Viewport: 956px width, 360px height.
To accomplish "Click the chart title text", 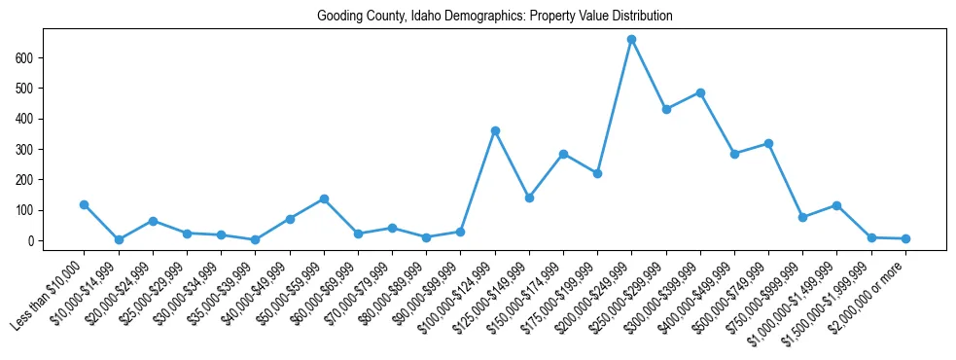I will click(494, 17).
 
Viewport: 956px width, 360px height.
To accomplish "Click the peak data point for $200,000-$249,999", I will click(631, 40).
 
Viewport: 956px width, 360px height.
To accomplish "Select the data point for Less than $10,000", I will click(85, 204).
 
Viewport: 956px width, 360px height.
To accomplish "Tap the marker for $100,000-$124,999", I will click(495, 130).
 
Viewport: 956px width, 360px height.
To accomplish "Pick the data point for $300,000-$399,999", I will click(700, 92).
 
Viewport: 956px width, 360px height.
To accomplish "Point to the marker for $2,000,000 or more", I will click(905, 238).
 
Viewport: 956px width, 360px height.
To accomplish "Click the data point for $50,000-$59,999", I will click(324, 198).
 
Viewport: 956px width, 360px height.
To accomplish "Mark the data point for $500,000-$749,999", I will click(768, 143).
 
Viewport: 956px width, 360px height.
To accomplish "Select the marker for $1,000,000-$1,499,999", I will click(836, 205).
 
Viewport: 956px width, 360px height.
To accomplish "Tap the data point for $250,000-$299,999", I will click(666, 109).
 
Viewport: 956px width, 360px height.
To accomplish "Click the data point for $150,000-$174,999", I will click(563, 154).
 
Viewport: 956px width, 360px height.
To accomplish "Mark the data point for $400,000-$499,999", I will click(734, 154).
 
